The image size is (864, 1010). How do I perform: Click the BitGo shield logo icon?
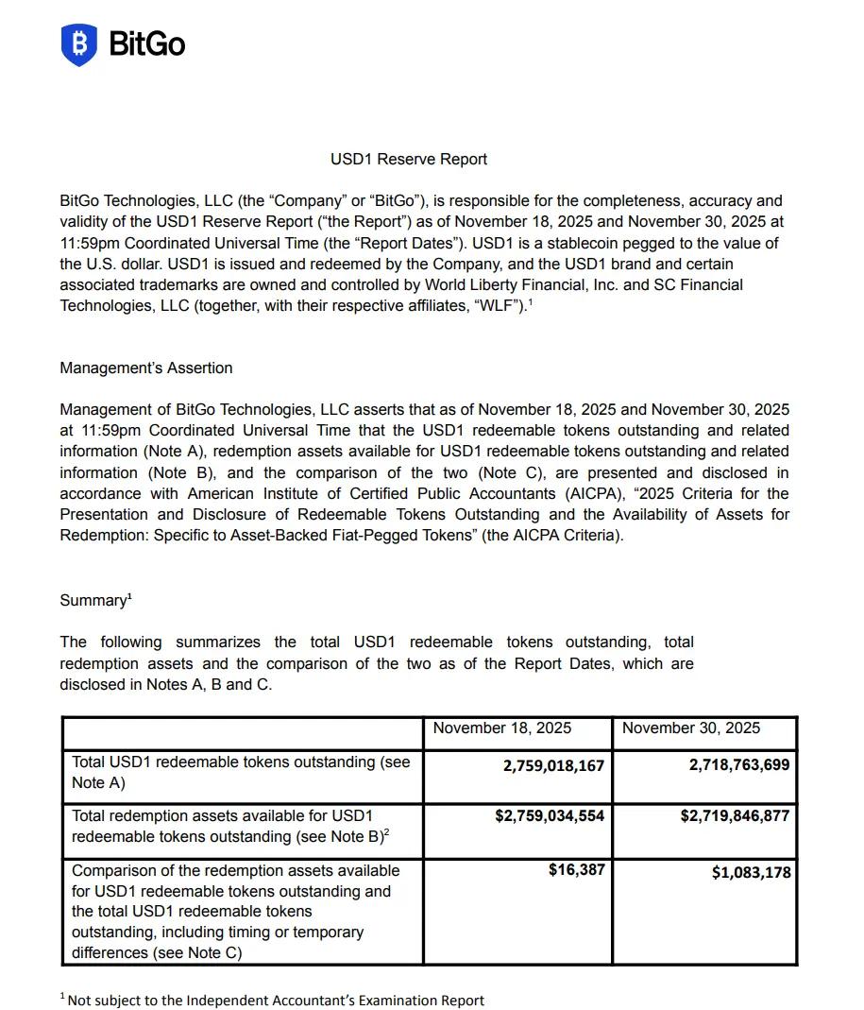(x=79, y=44)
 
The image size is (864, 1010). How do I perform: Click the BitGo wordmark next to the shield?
(x=147, y=44)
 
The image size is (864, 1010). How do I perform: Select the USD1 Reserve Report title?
(x=409, y=159)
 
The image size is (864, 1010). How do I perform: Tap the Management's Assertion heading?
(x=145, y=368)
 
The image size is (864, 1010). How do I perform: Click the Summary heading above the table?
(x=95, y=600)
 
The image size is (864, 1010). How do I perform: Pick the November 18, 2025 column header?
(x=501, y=728)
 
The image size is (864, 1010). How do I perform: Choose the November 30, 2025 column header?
(x=690, y=728)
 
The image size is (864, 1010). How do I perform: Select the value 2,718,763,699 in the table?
(x=739, y=765)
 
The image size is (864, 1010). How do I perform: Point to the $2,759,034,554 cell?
(x=550, y=815)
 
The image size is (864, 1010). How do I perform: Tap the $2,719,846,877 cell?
(x=735, y=815)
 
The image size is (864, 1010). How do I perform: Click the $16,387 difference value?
(x=576, y=869)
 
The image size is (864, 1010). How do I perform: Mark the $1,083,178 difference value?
(x=751, y=872)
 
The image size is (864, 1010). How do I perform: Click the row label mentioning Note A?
(x=241, y=772)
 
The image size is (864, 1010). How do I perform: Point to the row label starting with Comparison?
(x=236, y=911)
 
